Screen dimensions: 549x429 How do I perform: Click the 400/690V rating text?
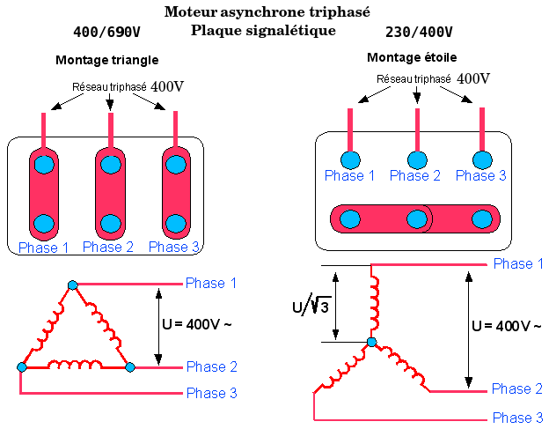tap(106, 32)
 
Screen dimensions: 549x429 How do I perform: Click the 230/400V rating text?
tap(419, 32)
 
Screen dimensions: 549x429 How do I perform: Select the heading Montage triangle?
tap(107, 60)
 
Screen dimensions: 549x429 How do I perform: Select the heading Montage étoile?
tap(412, 57)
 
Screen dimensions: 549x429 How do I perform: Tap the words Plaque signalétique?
tap(263, 31)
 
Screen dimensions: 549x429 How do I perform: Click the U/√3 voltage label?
tap(311, 306)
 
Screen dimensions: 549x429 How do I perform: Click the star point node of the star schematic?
tap(371, 342)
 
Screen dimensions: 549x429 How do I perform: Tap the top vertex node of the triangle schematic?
tap(72, 285)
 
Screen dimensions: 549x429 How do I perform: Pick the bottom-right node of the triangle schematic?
tap(130, 367)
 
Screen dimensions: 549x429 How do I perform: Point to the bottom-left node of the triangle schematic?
tap(22, 367)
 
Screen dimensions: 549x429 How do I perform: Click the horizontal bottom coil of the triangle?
tap(75, 365)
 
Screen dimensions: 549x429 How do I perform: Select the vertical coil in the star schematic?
tap(375, 302)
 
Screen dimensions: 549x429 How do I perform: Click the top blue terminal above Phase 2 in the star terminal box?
tap(417, 160)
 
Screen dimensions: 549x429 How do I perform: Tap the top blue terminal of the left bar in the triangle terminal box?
tap(44, 165)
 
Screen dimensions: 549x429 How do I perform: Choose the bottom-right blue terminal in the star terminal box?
tap(482, 219)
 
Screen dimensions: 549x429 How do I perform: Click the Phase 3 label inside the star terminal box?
tap(480, 175)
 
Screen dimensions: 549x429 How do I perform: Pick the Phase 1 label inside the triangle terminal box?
tap(43, 248)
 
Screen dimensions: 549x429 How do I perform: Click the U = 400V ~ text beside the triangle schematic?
tap(197, 324)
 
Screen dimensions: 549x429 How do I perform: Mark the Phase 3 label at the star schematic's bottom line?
tap(517, 418)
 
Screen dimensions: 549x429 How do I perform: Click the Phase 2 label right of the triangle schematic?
tap(212, 366)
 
